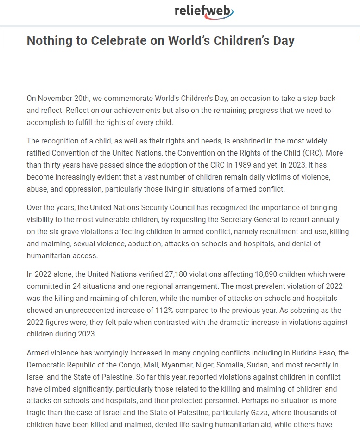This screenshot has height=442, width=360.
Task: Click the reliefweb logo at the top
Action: pyautogui.click(x=204, y=11)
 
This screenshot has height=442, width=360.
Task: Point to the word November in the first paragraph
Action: pyautogui.click(x=55, y=99)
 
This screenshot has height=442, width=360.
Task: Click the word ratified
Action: pyautogui.click(x=39, y=153)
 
